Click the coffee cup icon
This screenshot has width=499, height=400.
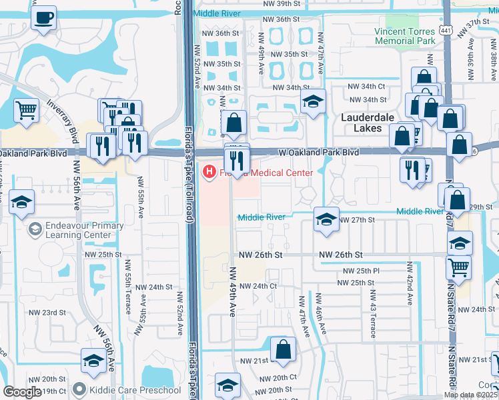[44, 18]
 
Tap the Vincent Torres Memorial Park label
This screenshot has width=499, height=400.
[404, 36]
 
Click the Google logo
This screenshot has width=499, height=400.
[21, 392]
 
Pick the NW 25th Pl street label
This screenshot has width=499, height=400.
[361, 271]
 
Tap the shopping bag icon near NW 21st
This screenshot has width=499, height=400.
[283, 350]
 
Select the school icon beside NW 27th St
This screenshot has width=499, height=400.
[325, 220]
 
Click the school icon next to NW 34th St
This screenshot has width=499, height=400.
[312, 103]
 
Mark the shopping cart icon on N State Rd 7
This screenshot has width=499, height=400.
[458, 267]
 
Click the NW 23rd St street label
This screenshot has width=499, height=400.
[47, 312]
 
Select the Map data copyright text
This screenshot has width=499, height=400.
[470, 395]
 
